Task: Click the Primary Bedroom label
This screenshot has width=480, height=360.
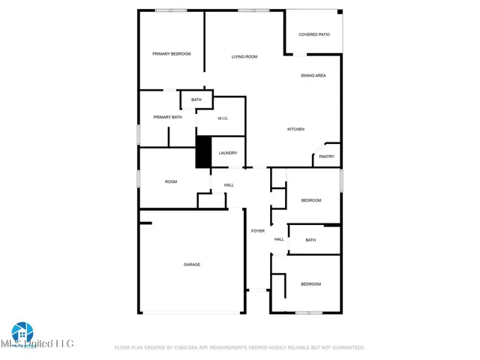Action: pos(172,54)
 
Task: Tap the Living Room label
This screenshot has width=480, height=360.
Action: pos(244,57)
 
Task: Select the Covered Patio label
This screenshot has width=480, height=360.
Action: pos(313,34)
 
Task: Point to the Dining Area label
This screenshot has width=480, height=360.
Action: pos(313,76)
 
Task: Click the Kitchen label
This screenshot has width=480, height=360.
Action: pos(296,130)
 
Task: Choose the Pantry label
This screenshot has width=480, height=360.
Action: pos(326,157)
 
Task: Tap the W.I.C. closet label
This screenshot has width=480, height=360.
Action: pos(223,118)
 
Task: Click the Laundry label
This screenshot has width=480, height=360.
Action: pos(228,153)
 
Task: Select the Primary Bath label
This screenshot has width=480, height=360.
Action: pos(168,117)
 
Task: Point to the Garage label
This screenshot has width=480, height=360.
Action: pos(192,264)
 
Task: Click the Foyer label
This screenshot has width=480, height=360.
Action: pos(257,231)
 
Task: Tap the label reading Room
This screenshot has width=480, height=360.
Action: pos(171,181)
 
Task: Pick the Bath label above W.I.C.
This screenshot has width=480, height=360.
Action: pos(196,100)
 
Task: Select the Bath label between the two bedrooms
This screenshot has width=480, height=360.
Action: pos(311,240)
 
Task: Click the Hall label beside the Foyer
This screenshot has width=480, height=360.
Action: pos(279,239)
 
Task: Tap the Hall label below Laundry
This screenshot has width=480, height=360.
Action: pos(229,185)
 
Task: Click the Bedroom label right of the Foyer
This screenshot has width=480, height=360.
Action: pos(311,200)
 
